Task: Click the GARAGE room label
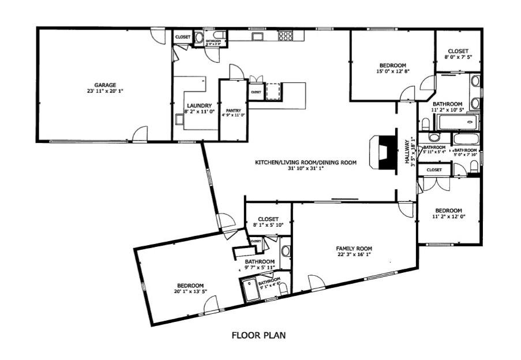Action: [x=106, y=85]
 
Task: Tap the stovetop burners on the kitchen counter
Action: [x=286, y=36]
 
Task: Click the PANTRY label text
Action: [x=233, y=110]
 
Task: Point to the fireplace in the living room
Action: [x=383, y=152]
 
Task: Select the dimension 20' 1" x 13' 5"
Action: [x=190, y=292]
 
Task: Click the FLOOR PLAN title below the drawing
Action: [x=259, y=335]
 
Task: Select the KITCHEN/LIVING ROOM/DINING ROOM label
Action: [x=306, y=163]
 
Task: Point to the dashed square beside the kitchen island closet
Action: [x=272, y=91]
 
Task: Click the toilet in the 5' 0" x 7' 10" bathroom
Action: [x=474, y=167]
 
